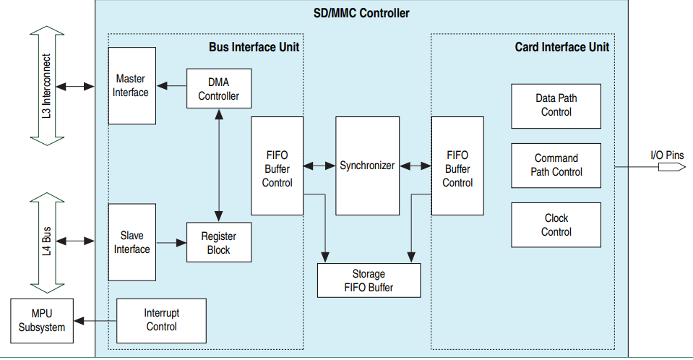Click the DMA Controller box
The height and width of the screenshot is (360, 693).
218,88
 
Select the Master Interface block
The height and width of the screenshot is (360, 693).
132,85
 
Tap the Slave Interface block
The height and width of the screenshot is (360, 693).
132,242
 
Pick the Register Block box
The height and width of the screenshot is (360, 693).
218,242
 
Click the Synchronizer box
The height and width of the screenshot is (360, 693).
367,166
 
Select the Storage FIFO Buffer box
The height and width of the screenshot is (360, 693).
369,280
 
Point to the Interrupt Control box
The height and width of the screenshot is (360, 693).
161,320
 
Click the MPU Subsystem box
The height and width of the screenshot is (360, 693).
42,320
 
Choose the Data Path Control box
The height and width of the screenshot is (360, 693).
556,106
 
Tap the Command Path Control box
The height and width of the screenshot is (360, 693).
556,165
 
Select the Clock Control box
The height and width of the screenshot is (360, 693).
556,225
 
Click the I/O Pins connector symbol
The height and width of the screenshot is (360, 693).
671,167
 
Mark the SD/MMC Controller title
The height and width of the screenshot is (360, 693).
362,13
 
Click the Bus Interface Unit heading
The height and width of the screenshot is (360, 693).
254,47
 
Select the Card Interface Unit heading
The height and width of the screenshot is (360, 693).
561,47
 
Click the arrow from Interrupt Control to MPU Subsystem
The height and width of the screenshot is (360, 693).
95,320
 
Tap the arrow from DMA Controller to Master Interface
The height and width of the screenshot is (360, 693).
171,86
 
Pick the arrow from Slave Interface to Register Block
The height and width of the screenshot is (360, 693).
171,243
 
